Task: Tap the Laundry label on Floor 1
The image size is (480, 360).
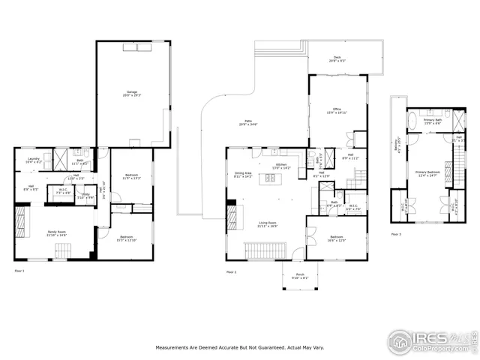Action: pyautogui.click(x=34, y=160)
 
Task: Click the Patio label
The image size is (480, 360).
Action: pyautogui.click(x=247, y=122)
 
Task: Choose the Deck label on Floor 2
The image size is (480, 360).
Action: pyautogui.click(x=337, y=61)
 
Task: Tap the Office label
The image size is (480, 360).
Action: pyautogui.click(x=337, y=111)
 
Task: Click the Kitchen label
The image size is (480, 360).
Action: pyautogui.click(x=281, y=166)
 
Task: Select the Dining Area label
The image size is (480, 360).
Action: pyautogui.click(x=244, y=174)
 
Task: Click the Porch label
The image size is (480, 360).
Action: pyautogui.click(x=300, y=276)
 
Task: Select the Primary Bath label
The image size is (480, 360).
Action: pyautogui.click(x=433, y=121)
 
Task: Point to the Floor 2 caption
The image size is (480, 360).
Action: pyautogui.click(x=232, y=271)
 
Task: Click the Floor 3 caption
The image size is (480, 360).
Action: pyautogui.click(x=396, y=235)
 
